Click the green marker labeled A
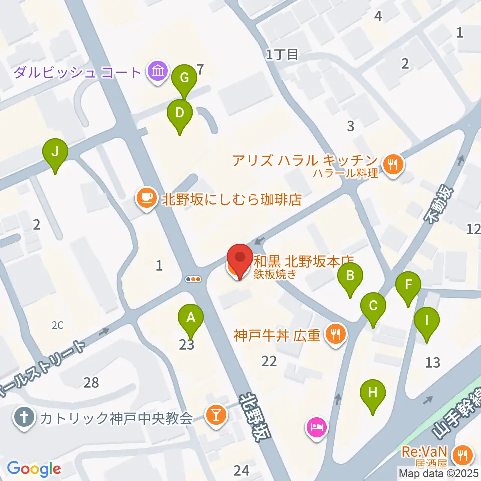[190, 317]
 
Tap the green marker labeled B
[350, 275]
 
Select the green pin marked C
[373, 305]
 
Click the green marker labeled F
[408, 285]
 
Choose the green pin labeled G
[184, 78]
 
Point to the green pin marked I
[427, 319]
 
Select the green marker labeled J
[55, 151]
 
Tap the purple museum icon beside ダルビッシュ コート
[158, 73]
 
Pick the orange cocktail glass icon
[217, 415]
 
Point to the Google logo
[34, 469]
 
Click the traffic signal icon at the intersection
[193, 279]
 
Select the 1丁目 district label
[282, 54]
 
